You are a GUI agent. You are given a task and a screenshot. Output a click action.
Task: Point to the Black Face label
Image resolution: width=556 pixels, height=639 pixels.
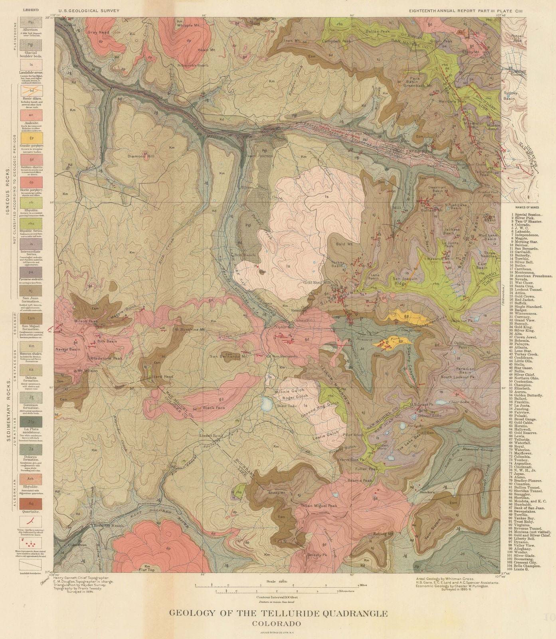tap(212, 408)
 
